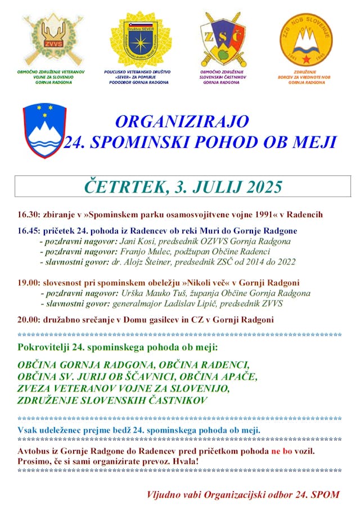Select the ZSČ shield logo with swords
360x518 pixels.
point(222,39)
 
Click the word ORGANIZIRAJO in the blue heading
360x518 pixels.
point(182,121)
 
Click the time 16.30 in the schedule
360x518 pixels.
point(28,215)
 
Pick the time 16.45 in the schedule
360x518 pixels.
point(28,231)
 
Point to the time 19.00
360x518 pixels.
point(28,282)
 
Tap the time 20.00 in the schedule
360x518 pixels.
point(28,320)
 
